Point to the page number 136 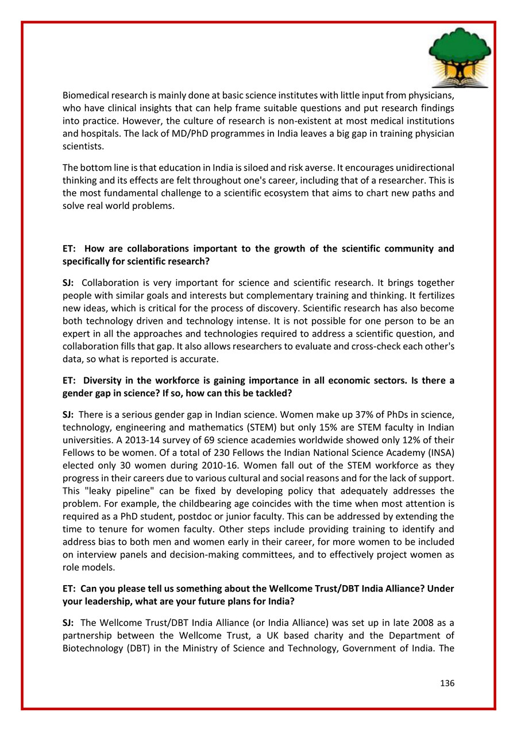point(447,683)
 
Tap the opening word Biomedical point(85,96)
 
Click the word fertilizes point(434,295)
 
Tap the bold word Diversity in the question point(101,381)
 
